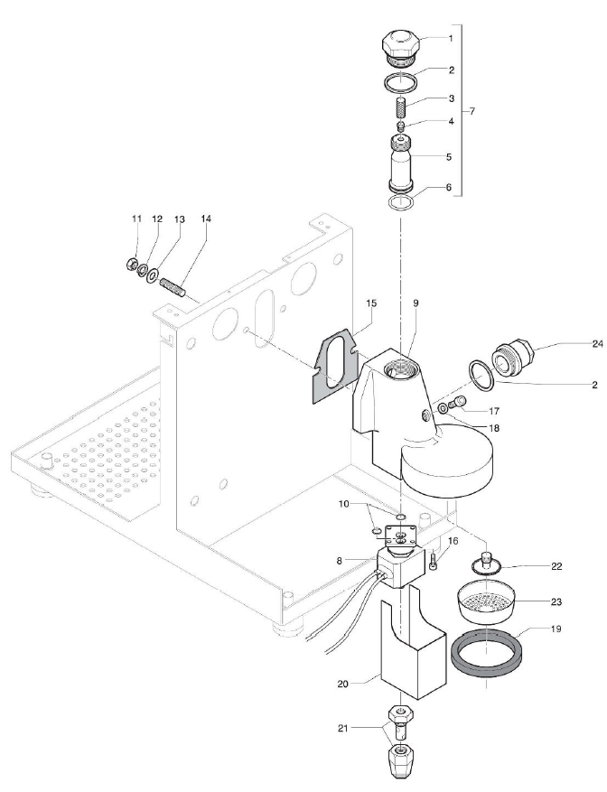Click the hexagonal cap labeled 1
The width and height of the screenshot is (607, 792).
398,45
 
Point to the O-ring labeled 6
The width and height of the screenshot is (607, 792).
399,202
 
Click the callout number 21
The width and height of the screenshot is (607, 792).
355,727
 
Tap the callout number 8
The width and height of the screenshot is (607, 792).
339,561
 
